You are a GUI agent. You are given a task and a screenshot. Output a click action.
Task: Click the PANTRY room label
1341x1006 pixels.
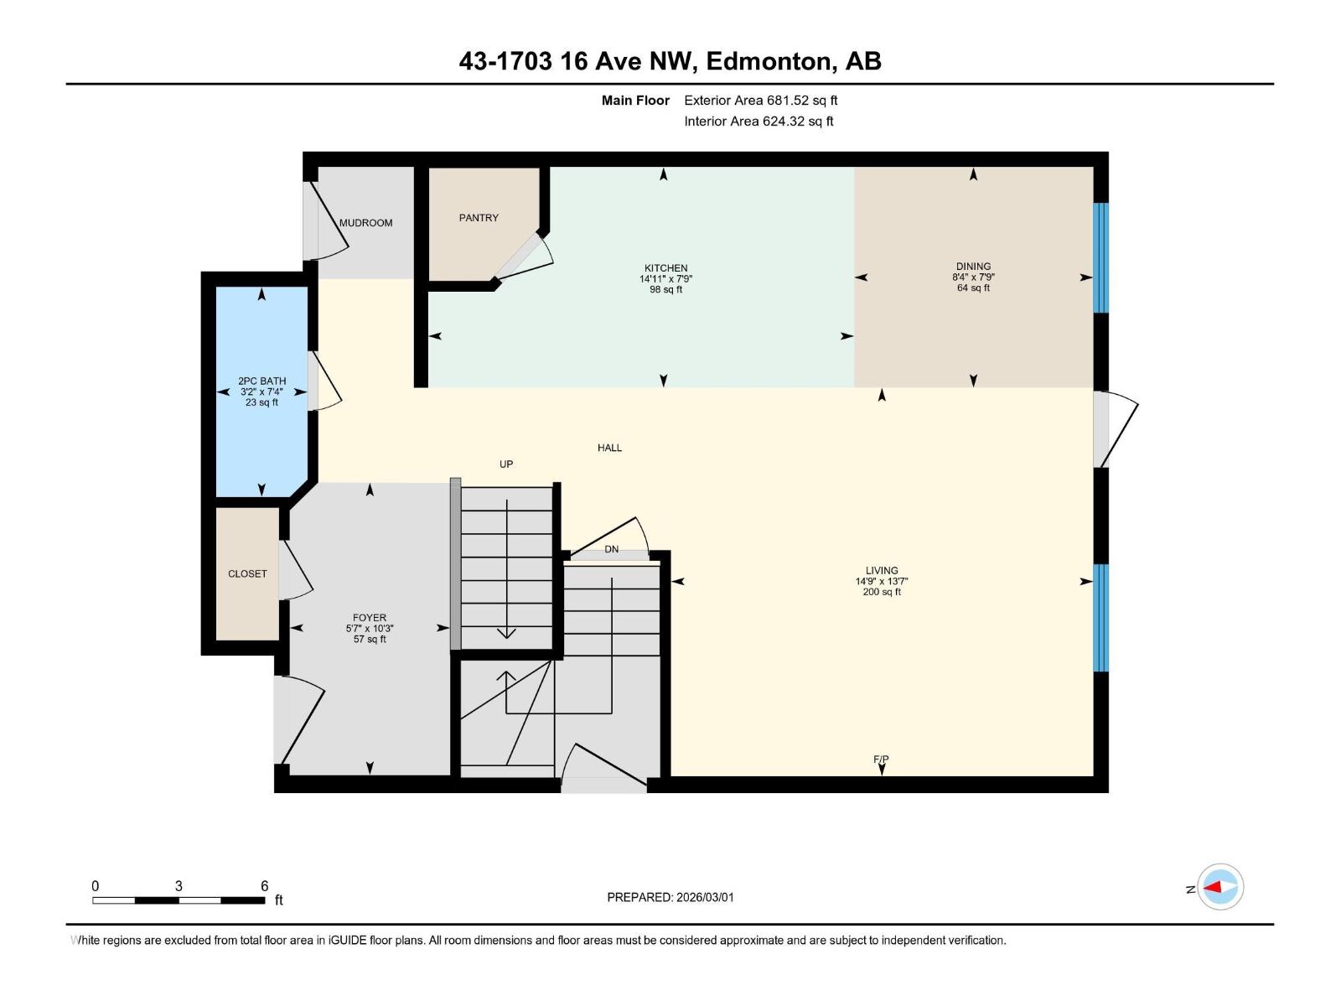[479, 218]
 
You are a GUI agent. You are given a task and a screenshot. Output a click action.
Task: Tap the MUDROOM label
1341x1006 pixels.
[365, 223]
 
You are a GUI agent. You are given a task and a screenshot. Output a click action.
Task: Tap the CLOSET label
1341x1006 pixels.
[247, 574]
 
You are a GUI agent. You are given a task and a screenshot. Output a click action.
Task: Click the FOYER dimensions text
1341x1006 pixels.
[370, 629]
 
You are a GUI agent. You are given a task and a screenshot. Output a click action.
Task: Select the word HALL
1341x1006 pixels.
[609, 448]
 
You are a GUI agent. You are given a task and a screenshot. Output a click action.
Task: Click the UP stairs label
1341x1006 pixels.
[506, 464]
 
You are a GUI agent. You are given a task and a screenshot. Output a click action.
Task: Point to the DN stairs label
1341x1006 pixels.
[612, 550]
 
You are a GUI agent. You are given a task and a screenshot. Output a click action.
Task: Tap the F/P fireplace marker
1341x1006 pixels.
[881, 760]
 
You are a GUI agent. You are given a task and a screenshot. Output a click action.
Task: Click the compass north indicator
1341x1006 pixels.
[1220, 887]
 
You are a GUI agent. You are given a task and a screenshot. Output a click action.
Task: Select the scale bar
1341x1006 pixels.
[179, 900]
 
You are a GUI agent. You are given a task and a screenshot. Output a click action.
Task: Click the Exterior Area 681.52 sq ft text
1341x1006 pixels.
[760, 101]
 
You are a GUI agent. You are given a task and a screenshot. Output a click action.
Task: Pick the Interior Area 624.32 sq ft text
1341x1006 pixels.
[759, 122]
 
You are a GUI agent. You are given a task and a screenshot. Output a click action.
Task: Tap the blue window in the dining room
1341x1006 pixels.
[1101, 257]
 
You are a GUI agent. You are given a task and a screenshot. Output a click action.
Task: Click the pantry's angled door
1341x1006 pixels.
[523, 256]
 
